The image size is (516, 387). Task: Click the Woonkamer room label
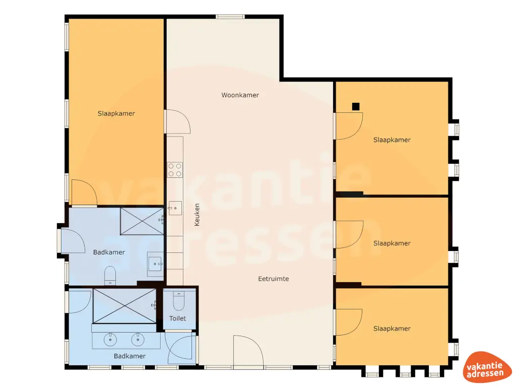240,95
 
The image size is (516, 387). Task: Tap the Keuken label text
197,214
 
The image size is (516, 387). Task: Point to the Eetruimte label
274,279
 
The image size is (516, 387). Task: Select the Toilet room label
177,318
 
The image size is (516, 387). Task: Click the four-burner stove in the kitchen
175,169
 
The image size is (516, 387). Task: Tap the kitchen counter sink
175,207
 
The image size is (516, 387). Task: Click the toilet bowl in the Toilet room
178,301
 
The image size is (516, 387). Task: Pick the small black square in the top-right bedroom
356,106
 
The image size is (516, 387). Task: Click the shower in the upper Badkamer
142,222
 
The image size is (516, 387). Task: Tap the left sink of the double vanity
111,340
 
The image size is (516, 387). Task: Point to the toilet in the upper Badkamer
110,276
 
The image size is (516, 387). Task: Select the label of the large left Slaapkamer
116,114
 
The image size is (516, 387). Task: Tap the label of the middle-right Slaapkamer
392,243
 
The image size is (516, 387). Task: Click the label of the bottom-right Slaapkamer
392,329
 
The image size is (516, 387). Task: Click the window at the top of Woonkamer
231,17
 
